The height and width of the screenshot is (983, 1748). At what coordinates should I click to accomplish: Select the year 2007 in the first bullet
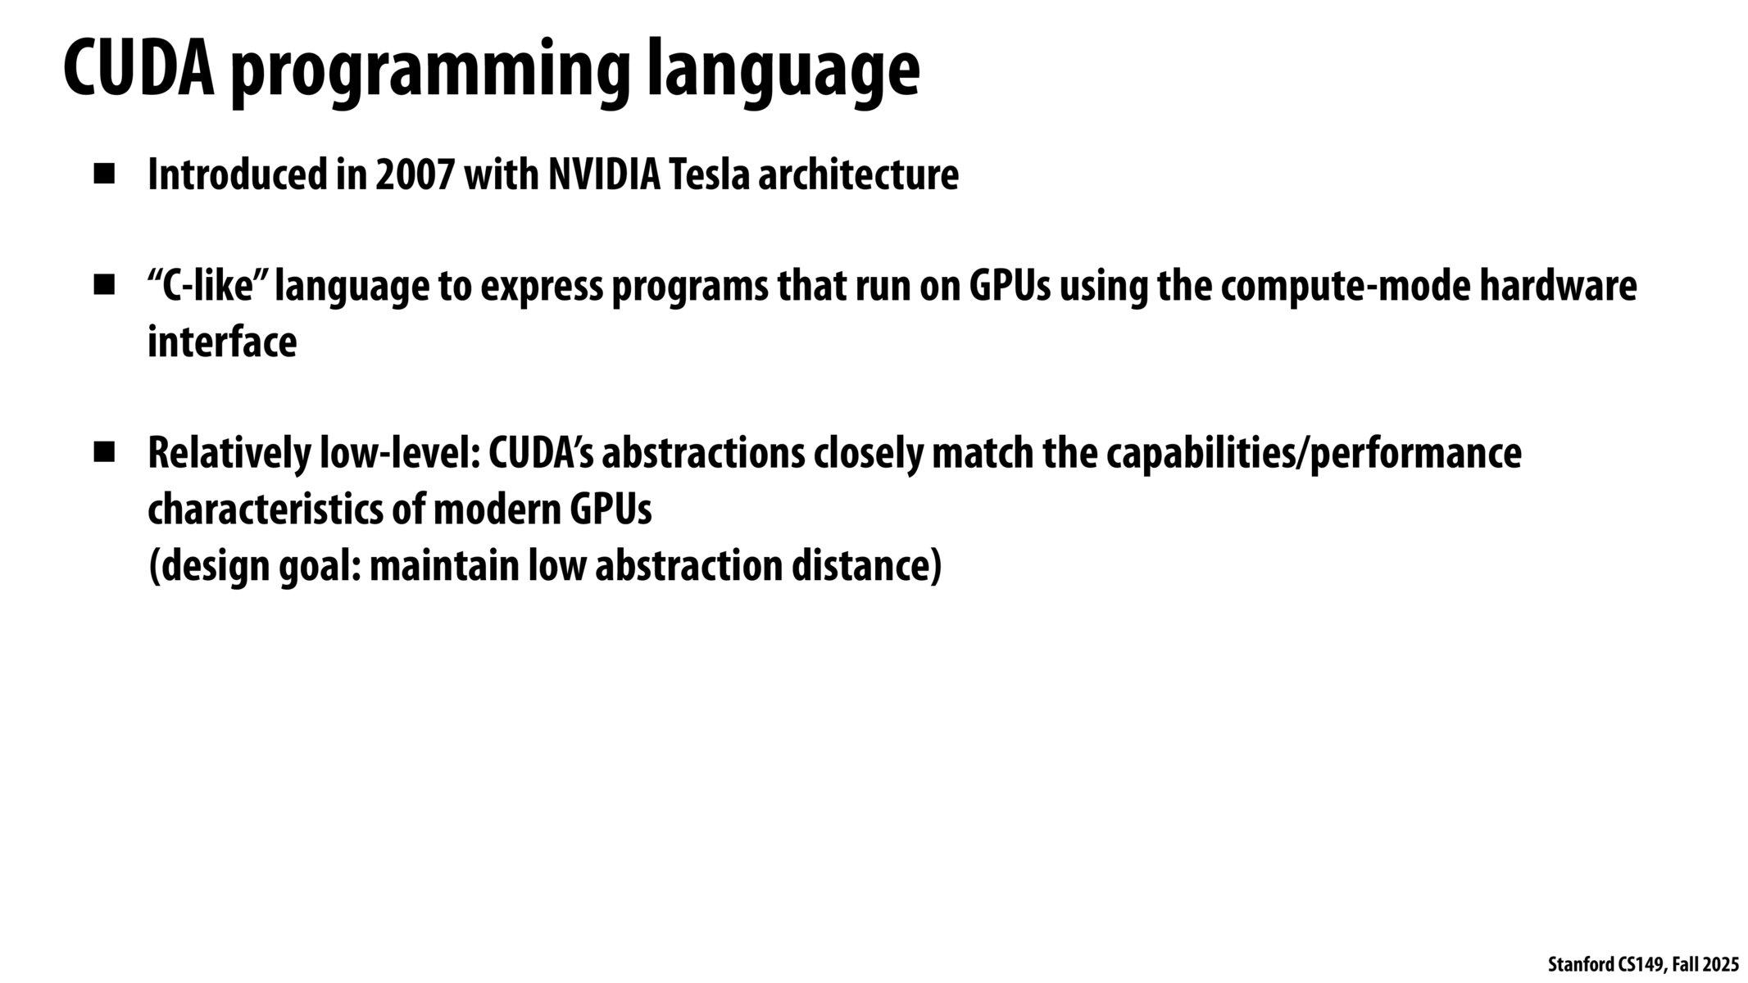tap(415, 175)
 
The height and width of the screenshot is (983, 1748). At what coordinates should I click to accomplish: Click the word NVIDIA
tap(604, 175)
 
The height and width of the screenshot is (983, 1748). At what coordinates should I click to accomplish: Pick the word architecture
tap(858, 175)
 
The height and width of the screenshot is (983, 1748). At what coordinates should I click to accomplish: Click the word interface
tap(222, 342)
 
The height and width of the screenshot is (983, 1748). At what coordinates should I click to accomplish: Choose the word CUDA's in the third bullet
tap(542, 453)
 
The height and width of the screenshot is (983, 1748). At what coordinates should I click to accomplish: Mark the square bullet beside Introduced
tap(103, 174)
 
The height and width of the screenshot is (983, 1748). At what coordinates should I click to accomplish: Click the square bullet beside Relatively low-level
tap(103, 453)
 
